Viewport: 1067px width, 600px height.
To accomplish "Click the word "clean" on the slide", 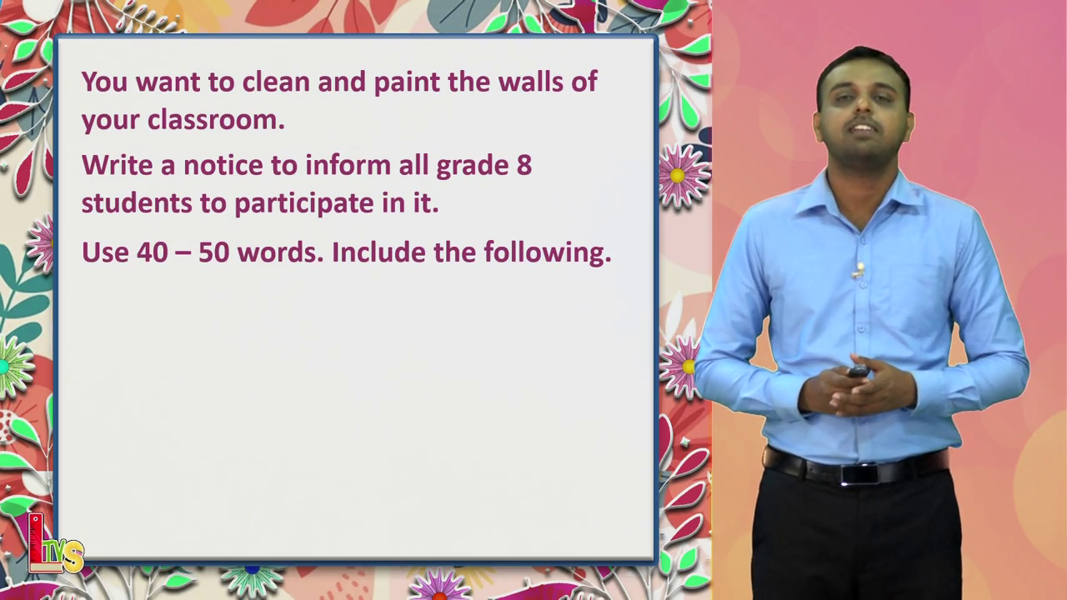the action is (x=276, y=82).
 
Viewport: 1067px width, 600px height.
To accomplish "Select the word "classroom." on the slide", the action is (x=216, y=119).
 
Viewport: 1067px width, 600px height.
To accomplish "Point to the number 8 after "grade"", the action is (x=524, y=165).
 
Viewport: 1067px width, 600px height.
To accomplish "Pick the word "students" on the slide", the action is (x=137, y=202).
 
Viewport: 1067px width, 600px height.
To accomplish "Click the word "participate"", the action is (x=304, y=204).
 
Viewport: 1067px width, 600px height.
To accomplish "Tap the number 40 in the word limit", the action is (x=152, y=252).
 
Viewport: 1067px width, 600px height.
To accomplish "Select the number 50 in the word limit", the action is (x=214, y=252).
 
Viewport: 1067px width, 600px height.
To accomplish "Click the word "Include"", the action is (x=378, y=252).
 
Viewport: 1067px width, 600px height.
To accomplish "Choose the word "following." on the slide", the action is (x=548, y=252).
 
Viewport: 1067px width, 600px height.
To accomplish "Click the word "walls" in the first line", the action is (x=531, y=82).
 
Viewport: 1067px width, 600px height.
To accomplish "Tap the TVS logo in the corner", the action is (x=55, y=544).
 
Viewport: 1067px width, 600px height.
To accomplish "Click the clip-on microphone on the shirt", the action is (x=859, y=271).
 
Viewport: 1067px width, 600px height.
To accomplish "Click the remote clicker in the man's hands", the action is (x=859, y=371).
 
